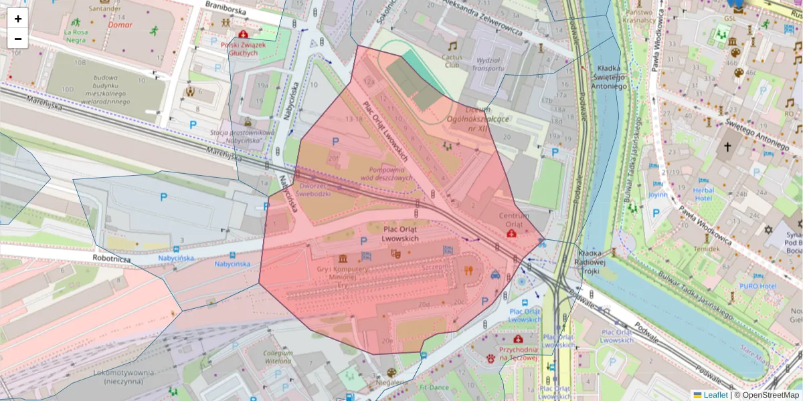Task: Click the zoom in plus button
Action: point(17,19)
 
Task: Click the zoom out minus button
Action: point(17,39)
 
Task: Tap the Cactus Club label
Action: point(452,61)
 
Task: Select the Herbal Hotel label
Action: point(703,194)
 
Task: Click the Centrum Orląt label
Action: point(514,220)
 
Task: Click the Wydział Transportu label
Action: point(487,63)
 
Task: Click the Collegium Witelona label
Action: point(278,356)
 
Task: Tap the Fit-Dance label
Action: point(434,387)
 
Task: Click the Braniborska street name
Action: point(226,9)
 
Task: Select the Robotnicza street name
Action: point(111,256)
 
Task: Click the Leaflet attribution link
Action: point(715,395)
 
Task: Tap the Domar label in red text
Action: point(120,25)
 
